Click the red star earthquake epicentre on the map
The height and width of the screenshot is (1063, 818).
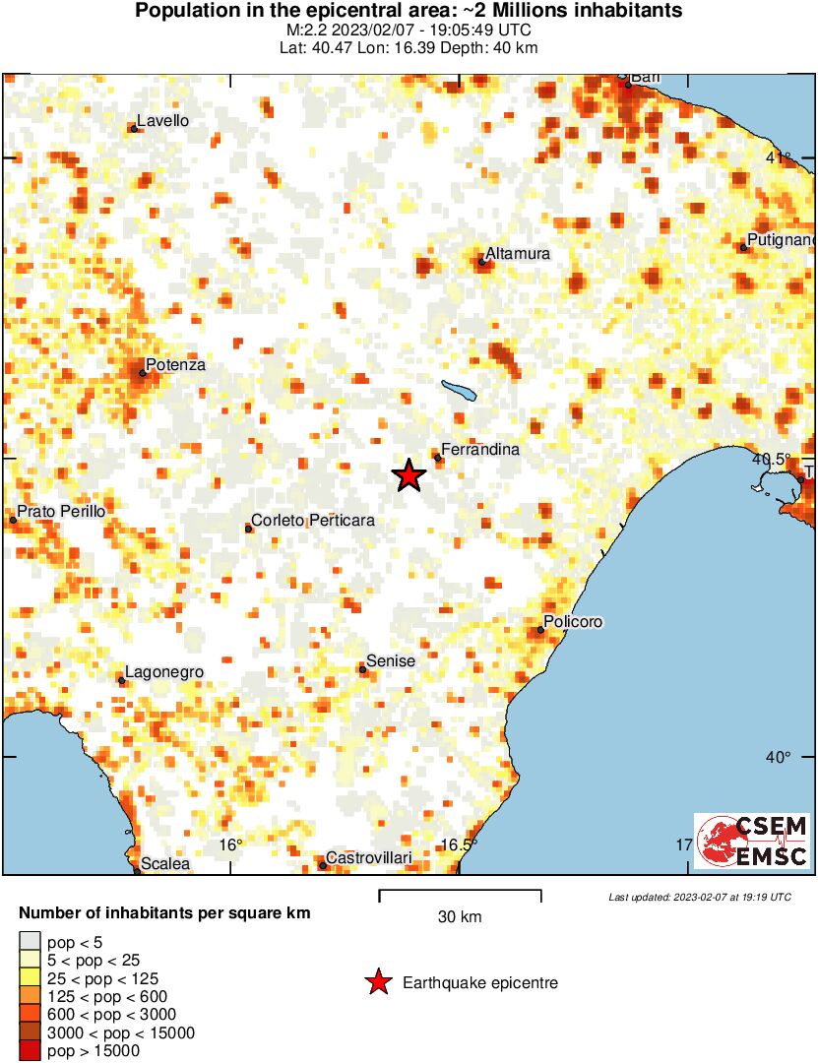409,475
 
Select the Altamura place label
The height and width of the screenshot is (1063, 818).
518,254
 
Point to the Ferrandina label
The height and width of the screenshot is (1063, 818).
479,450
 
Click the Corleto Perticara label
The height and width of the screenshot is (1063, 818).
313,521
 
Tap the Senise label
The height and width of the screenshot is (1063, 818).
391,661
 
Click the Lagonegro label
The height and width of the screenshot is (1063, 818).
165,672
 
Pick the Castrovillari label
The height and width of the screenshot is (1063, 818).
368,858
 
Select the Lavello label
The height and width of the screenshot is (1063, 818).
163,121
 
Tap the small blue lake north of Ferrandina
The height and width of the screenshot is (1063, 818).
460,390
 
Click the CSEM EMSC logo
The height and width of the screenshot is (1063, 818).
752,842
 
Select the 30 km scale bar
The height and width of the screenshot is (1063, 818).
460,895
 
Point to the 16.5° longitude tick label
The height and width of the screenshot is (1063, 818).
459,844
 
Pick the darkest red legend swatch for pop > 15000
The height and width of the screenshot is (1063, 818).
31,1051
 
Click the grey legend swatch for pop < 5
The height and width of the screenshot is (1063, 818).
31,943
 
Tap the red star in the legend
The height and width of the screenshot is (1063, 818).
377,982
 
